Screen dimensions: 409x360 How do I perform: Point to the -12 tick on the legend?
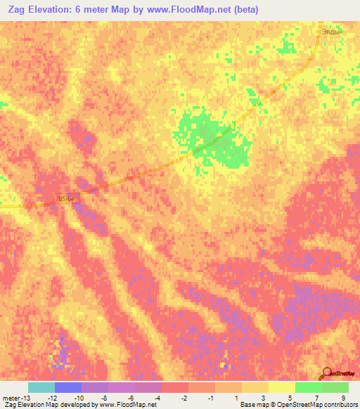tap(51, 397)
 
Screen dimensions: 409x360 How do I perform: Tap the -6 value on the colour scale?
tap(131, 397)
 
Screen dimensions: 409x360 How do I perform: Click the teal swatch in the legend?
tap(41, 387)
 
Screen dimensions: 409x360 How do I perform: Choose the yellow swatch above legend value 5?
tap(282, 387)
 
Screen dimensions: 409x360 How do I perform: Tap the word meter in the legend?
tap(12, 397)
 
